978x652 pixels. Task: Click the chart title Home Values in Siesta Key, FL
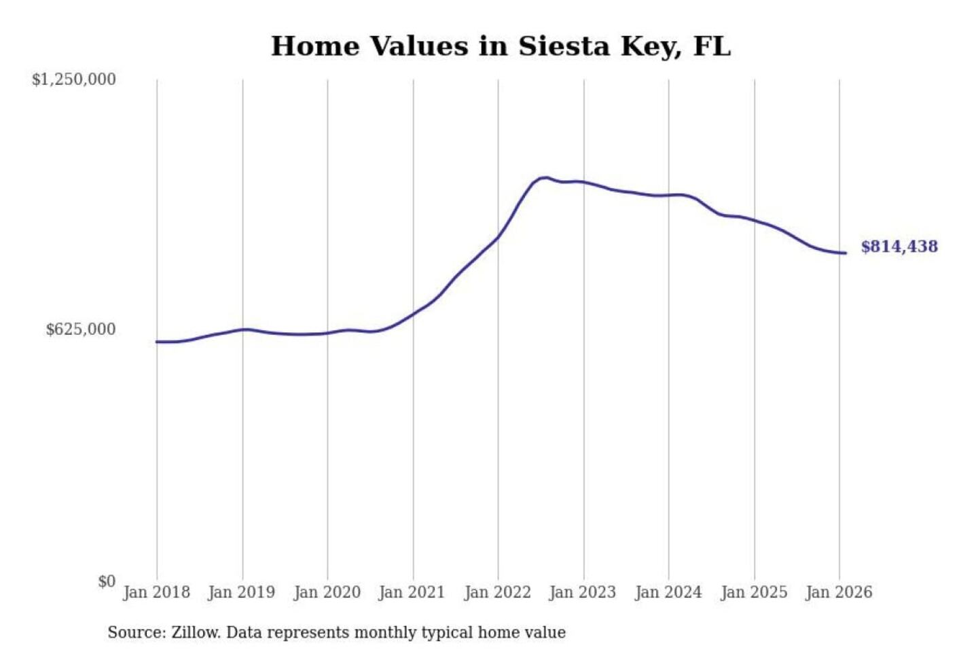(501, 46)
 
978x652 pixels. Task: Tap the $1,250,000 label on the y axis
(74, 79)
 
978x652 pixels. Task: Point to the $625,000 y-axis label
(81, 329)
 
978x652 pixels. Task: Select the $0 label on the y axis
(107, 581)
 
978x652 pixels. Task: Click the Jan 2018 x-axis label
(156, 592)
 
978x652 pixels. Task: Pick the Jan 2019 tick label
(241, 592)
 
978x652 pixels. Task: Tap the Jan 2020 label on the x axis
(327, 592)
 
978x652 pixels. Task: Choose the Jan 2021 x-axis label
(412, 592)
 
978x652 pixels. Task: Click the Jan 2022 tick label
(497, 592)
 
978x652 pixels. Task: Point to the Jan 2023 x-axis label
(582, 592)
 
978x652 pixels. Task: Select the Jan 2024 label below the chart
(668, 592)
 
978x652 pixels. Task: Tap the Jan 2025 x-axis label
(753, 592)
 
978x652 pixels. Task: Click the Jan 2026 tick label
(838, 592)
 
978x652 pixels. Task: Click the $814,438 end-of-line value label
(899, 247)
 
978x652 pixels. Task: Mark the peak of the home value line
(545, 178)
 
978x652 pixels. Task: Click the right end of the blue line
(845, 253)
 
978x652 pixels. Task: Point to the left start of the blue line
(157, 342)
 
